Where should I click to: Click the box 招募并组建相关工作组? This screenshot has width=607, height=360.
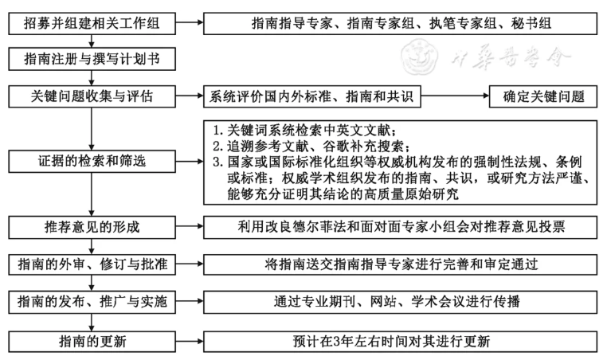point(94,24)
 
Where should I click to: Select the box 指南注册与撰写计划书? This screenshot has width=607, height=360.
point(94,60)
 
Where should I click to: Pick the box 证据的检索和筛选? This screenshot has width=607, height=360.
point(94,162)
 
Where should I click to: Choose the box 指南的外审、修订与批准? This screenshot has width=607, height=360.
point(94,264)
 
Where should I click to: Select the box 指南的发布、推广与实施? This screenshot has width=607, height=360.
point(94,302)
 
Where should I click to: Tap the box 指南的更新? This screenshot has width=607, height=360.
point(94,341)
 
